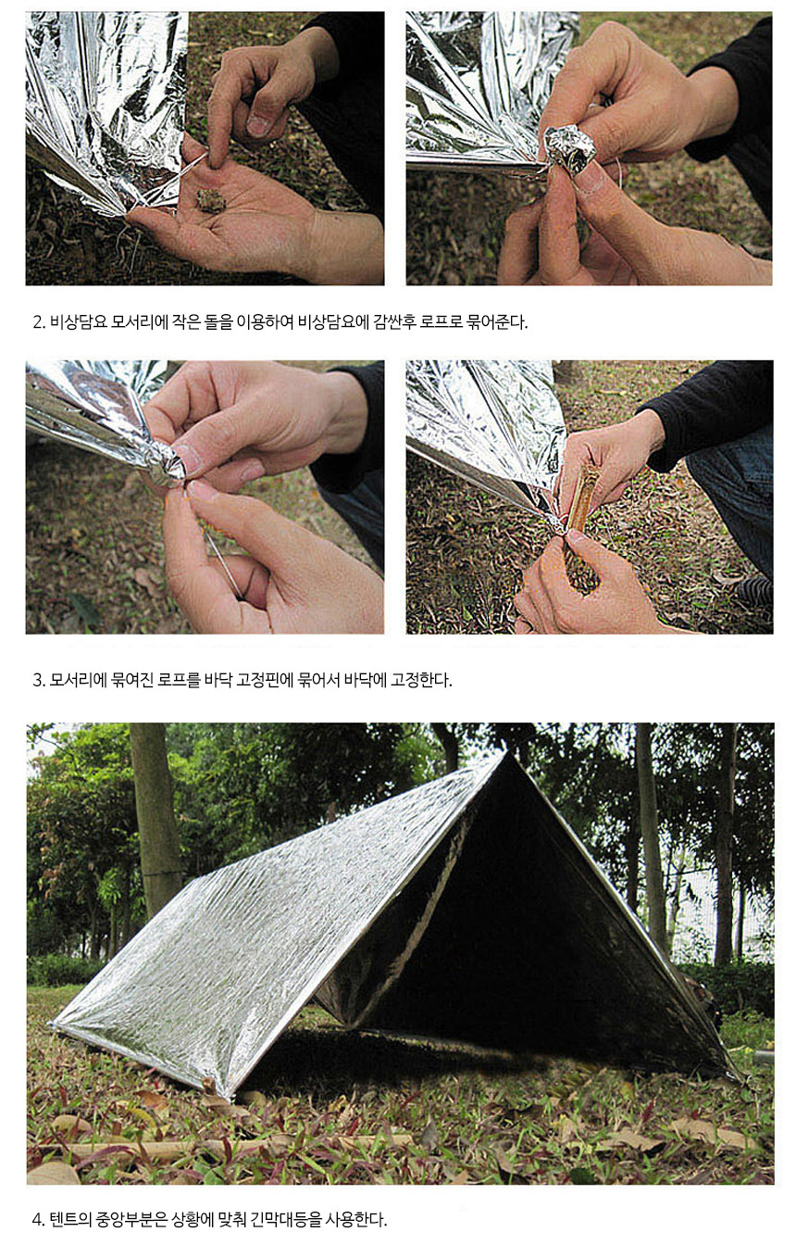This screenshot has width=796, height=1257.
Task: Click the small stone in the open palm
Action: point(211,201)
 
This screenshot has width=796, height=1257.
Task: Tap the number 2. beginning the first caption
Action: point(38,322)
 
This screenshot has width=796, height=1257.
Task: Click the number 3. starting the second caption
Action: point(38,680)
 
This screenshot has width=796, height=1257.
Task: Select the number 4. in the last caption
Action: point(38,1219)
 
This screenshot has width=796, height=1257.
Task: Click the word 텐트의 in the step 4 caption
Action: point(70,1219)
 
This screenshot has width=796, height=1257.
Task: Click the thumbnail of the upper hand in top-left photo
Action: point(257,124)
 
